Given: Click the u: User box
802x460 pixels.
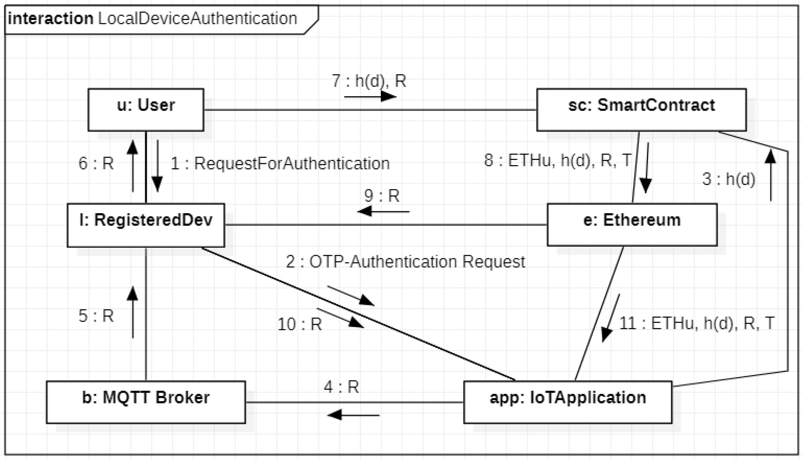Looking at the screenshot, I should pyautogui.click(x=146, y=110).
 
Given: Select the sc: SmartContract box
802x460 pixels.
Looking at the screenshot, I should pyautogui.click(x=641, y=110).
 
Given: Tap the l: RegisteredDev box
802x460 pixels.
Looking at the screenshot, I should pyautogui.click(x=146, y=225).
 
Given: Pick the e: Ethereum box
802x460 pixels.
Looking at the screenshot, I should pyautogui.click(x=632, y=225).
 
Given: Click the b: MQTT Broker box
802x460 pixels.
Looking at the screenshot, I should pyautogui.click(x=146, y=402).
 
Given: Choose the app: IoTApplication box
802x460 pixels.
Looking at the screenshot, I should pyautogui.click(x=568, y=402).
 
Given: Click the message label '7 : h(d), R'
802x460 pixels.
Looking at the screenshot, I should pyautogui.click(x=369, y=81).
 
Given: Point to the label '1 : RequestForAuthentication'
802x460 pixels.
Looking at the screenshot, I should pyautogui.click(x=280, y=164).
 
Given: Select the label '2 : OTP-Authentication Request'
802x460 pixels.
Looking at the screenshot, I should pyautogui.click(x=405, y=262).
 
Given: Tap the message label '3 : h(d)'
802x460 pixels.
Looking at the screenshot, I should pyautogui.click(x=729, y=179).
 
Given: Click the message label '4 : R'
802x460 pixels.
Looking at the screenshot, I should pyautogui.click(x=341, y=387).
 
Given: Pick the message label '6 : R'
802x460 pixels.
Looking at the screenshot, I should pyautogui.click(x=96, y=164).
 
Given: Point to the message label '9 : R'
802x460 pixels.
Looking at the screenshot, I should pyautogui.click(x=382, y=196).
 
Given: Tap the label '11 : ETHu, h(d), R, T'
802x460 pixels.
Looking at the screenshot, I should pyautogui.click(x=697, y=323).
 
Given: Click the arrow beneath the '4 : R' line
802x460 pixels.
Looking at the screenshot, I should pyautogui.click(x=353, y=415).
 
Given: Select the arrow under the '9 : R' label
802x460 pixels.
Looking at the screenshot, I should pyautogui.click(x=383, y=211).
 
